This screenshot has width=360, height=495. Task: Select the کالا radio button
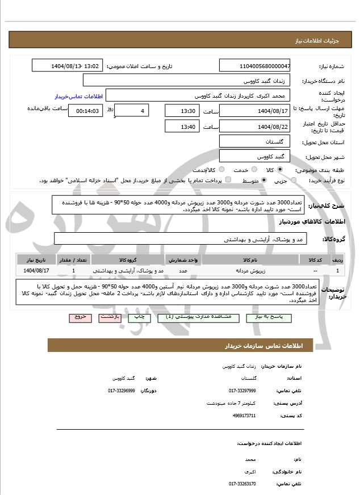(280, 170)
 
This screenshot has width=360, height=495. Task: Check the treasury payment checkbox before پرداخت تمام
(228, 180)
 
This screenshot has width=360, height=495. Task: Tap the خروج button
(80, 318)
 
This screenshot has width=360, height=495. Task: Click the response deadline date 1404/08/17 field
(255, 110)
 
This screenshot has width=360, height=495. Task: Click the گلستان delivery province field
(255, 141)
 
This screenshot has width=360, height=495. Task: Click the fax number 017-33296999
(122, 391)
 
